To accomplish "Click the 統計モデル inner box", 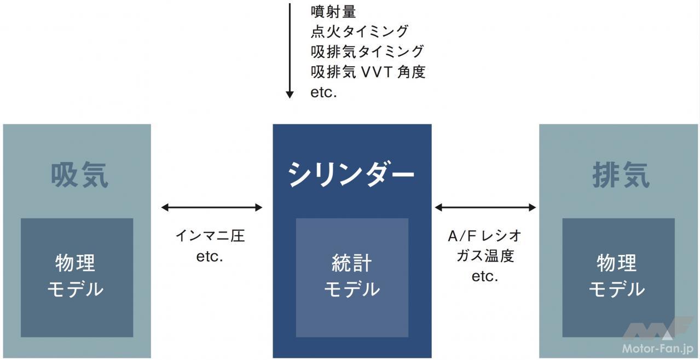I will [352, 277].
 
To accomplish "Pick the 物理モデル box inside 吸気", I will [77, 277].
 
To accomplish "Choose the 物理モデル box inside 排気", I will [618, 277].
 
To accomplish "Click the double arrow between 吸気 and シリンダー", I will [212, 207].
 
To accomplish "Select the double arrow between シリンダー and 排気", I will [485, 207].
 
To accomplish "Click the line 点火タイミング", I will [360, 31].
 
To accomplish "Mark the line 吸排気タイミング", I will [367, 51].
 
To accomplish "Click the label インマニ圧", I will [210, 236].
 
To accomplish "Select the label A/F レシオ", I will [484, 236].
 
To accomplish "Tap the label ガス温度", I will [485, 256].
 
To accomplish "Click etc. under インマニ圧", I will [210, 257].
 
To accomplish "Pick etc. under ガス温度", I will [485, 276].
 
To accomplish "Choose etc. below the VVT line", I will [323, 92].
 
